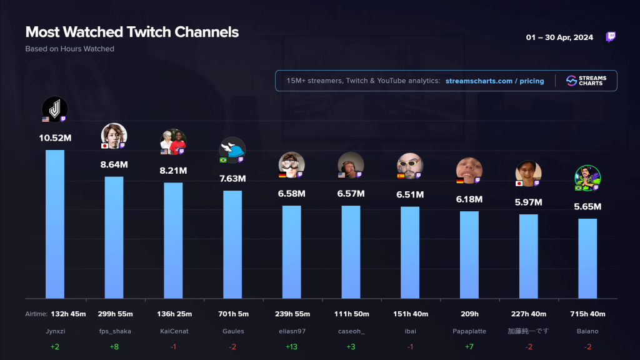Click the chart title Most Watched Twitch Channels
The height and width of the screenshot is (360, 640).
132,32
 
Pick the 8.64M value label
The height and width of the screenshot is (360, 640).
114,165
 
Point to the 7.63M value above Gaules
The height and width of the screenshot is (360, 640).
232,179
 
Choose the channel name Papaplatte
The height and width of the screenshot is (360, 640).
469,331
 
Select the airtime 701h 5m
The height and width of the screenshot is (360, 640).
232,314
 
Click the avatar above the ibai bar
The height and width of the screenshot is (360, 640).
410,165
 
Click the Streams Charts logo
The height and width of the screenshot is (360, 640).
586,81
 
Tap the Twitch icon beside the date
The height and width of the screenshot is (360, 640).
611,37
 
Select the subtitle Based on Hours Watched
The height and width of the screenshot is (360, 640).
70,49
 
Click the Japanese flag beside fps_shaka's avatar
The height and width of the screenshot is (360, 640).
104,146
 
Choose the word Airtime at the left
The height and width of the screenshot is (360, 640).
36,314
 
